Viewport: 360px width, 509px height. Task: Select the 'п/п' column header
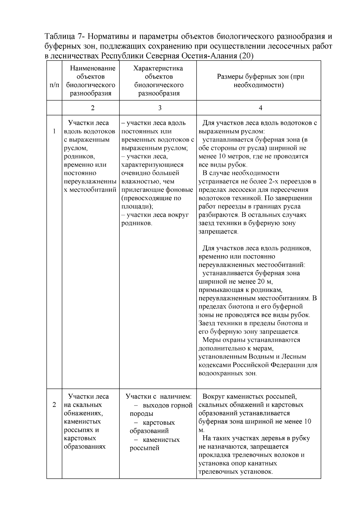[54, 85]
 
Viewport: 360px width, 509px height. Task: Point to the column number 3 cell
[159, 108]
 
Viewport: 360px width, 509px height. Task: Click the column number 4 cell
[260, 108]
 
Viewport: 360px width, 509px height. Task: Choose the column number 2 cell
[92, 108]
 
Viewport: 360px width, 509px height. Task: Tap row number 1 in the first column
[54, 131]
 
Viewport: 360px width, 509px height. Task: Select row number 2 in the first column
[54, 405]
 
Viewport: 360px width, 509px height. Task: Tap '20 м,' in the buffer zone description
[265, 282]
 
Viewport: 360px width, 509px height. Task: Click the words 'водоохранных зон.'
[228, 373]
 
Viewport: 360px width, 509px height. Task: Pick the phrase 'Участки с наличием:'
[158, 397]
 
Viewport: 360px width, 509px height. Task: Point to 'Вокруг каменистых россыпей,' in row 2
[250, 397]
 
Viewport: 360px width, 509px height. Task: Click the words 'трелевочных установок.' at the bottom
[236, 472]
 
